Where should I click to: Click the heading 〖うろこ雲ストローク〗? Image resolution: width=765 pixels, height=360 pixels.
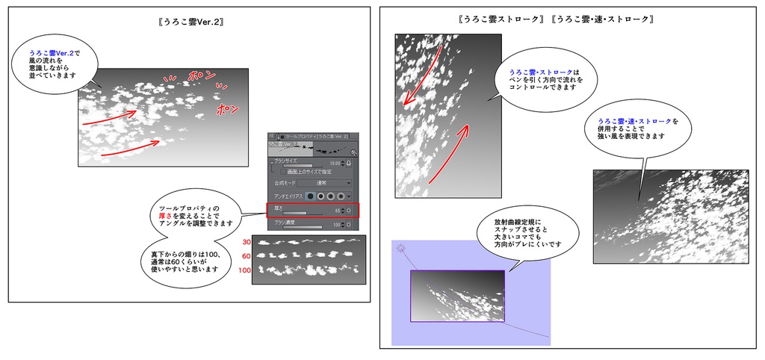click(501, 18)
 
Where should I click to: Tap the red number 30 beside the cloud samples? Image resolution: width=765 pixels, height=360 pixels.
click(247, 242)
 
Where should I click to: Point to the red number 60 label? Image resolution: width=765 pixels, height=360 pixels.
click(247, 255)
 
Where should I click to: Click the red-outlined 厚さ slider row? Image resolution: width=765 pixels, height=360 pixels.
click(312, 211)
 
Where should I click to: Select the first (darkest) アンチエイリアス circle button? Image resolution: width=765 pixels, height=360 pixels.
click(311, 196)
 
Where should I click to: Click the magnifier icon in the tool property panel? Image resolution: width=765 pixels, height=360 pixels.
click(353, 152)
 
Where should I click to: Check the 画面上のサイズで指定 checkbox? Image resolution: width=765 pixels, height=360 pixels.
click(284, 171)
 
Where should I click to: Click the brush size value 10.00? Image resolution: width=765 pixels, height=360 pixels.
click(334, 162)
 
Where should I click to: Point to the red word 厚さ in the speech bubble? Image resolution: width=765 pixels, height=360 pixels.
click(167, 214)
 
